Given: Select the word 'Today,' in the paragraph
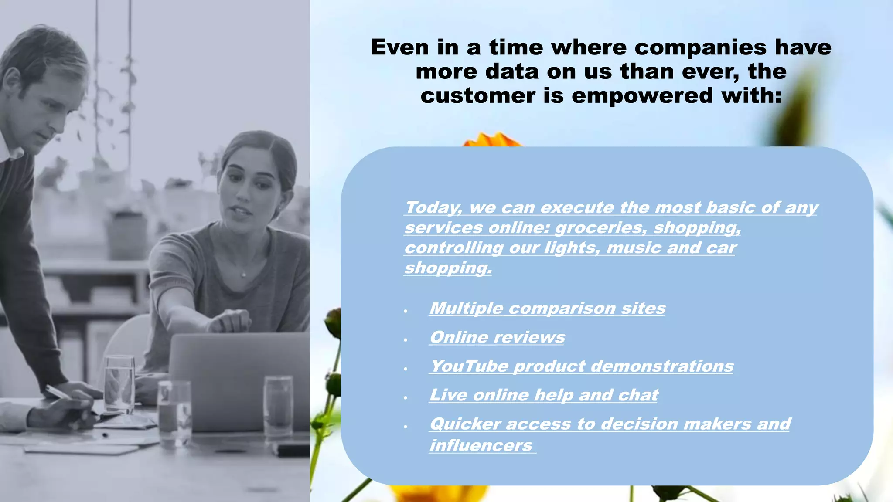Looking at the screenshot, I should pyautogui.click(x=433, y=207).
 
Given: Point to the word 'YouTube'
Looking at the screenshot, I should pyautogui.click(x=470, y=366).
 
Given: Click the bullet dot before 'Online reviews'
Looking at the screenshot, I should pyautogui.click(x=406, y=339).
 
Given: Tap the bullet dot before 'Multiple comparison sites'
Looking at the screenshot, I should pyautogui.click(x=406, y=311).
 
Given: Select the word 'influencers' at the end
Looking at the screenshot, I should pyautogui.click(x=481, y=445).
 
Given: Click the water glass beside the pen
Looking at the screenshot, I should pyautogui.click(x=119, y=383).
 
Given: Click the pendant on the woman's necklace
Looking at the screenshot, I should pyautogui.click(x=244, y=275).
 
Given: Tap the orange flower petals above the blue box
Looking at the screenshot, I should pyautogui.click(x=492, y=139).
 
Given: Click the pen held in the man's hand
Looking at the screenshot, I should pyautogui.click(x=59, y=392).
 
